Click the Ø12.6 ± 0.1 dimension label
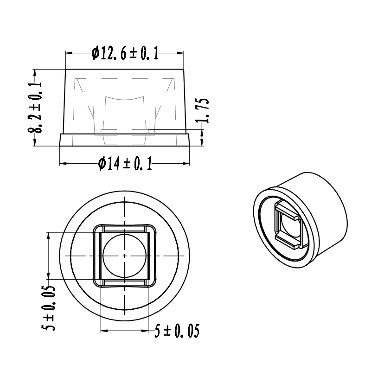click(x=125, y=53)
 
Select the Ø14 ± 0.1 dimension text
click(x=125, y=164)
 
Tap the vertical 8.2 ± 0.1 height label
click(x=35, y=108)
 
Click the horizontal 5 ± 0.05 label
click(x=177, y=331)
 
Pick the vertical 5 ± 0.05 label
click(x=48, y=308)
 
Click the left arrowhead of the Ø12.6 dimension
click(x=69, y=53)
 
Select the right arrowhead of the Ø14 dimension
click(x=186, y=163)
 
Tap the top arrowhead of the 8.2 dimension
click(x=35, y=73)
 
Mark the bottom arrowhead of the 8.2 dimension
click(x=35, y=142)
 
